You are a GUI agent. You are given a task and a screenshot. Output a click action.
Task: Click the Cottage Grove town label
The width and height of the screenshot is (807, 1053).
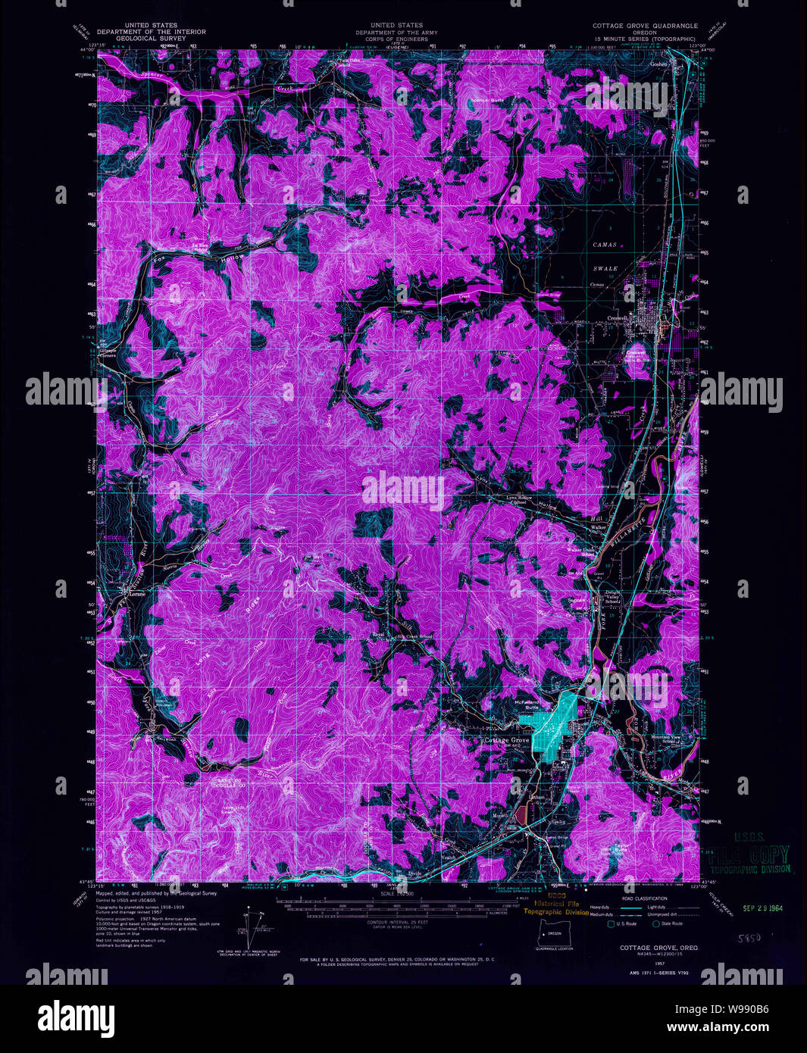tap(507, 739)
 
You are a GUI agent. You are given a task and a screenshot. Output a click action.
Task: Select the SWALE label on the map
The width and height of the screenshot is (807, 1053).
tap(605, 268)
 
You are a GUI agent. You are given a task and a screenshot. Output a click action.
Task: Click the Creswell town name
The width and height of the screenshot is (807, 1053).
tap(618, 319)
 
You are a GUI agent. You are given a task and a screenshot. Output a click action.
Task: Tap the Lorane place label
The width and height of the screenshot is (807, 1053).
tap(136, 595)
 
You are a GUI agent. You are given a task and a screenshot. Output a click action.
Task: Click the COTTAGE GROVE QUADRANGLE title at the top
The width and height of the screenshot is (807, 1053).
tap(644, 25)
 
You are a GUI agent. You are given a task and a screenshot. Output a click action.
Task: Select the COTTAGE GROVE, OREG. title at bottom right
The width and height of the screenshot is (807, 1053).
tap(658, 948)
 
